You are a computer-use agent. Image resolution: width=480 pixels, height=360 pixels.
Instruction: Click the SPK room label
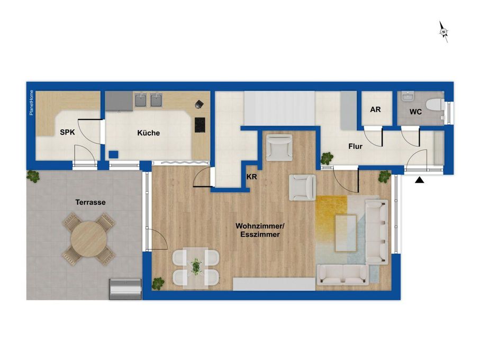click(67, 132)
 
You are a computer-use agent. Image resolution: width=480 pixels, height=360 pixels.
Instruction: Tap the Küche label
click(149, 133)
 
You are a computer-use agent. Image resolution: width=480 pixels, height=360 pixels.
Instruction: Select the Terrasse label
click(90, 202)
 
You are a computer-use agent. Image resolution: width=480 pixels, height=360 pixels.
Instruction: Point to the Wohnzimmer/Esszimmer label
click(260, 230)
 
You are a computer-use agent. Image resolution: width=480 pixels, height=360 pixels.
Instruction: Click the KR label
click(251, 177)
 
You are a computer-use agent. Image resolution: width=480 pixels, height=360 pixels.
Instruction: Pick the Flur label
click(356, 146)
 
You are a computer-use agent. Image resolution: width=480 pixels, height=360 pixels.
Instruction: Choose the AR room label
click(375, 109)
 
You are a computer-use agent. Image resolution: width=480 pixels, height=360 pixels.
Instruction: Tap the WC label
click(416, 112)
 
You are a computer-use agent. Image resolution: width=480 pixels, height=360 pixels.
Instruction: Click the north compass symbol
click(444, 32)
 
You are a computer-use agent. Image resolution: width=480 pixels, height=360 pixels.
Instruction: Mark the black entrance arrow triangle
click(419, 181)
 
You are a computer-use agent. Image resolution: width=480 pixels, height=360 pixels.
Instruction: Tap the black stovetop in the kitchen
click(200, 125)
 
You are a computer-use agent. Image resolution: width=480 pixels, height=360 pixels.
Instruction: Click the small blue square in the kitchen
click(114, 154)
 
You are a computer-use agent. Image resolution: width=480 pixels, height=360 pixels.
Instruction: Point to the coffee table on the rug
click(346, 233)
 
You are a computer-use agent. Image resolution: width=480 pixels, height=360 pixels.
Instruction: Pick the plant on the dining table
click(196, 267)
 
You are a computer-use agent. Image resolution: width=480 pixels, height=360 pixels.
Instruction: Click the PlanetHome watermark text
click(31, 103)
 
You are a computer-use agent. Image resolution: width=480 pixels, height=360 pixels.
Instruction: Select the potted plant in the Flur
click(327, 158)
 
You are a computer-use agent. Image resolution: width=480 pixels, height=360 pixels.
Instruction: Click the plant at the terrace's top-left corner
click(33, 176)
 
